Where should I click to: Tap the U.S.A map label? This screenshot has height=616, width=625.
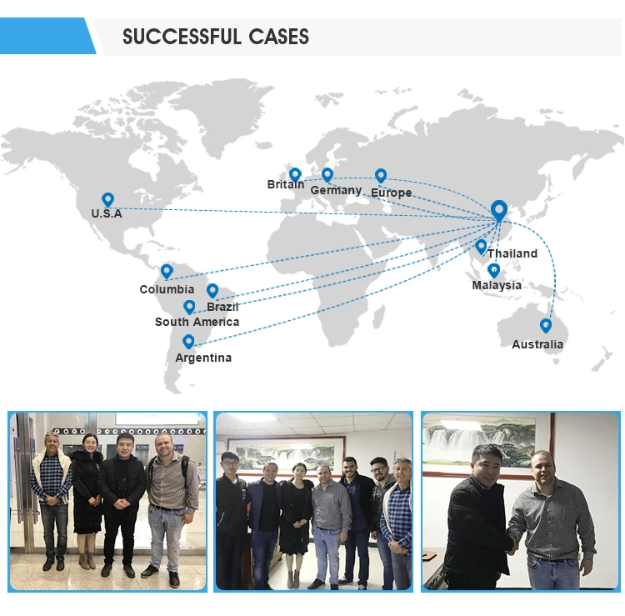107,213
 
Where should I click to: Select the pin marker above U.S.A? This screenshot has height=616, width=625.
107,199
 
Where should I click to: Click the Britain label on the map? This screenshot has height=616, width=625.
286,184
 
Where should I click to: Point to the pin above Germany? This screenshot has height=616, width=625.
327,175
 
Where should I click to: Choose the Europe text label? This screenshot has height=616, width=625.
392,193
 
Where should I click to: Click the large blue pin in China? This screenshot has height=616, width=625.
498,210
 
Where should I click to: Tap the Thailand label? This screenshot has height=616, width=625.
512,253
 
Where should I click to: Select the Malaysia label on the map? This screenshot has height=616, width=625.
497,285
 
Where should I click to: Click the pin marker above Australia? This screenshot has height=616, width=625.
546,325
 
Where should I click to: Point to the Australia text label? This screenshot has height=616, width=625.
537,344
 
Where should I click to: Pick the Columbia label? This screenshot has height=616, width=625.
167,289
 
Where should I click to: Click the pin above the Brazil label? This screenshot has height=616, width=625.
212,290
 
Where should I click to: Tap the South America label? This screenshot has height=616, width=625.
197,322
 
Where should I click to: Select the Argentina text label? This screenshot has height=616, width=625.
203,358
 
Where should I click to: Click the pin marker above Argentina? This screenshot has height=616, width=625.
188,341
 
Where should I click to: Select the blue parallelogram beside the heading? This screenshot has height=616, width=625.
46,36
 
